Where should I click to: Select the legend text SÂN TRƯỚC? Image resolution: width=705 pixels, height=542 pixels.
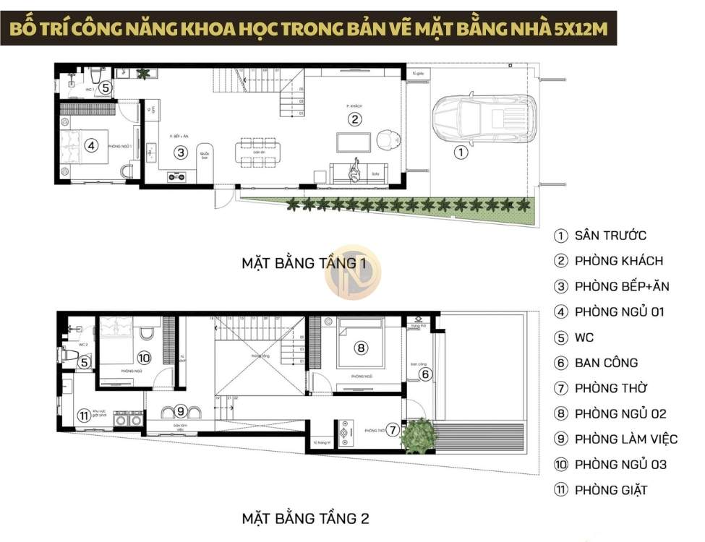pos(610,236)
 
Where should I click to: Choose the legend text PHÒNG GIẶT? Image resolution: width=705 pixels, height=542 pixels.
pos(611,490)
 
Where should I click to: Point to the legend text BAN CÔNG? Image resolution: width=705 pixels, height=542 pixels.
pos(607,363)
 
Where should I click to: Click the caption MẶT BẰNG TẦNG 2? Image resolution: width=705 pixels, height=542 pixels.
pos(306,518)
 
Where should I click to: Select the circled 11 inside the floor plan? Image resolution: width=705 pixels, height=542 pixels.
pos(84,416)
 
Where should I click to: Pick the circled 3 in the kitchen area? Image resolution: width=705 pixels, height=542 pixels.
pos(181,152)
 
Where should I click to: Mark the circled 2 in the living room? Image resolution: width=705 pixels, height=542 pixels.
pos(354,119)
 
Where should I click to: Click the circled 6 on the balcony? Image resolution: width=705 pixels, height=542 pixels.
pos(426,374)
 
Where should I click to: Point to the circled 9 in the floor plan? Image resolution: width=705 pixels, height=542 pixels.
pos(181,411)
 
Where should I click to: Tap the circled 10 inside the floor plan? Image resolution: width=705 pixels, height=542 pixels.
pos(143,357)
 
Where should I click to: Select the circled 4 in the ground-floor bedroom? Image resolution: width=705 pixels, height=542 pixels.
pos(90,145)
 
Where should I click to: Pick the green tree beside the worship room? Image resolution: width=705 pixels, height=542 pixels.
pos(419,434)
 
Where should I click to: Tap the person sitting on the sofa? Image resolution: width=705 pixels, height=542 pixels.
pos(356,171)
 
